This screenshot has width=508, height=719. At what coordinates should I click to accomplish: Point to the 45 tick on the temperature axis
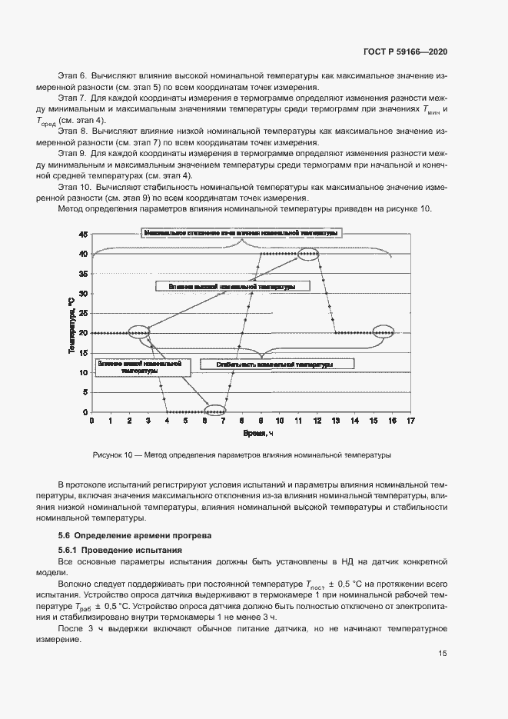84,235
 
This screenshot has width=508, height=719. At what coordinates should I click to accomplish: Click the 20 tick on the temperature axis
84,333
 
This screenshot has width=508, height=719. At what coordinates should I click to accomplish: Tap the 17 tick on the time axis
411,421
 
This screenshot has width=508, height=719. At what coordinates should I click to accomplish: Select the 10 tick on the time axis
280,421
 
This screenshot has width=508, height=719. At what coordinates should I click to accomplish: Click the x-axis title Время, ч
254,434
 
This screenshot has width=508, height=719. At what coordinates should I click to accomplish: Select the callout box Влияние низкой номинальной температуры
139,367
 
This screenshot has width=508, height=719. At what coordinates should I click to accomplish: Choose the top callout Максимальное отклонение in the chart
241,232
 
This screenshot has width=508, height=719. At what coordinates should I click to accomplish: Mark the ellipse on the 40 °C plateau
309,254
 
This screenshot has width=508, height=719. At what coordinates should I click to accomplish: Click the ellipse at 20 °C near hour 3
139,332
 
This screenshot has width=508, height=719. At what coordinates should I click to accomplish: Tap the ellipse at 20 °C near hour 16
383,332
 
